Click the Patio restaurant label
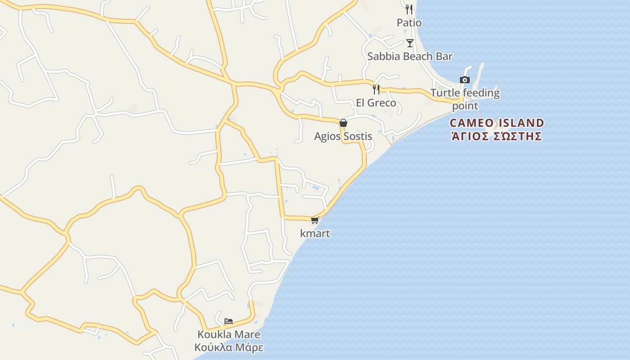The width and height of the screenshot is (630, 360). click(409, 22)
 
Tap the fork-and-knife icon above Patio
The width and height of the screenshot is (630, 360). click(409, 9)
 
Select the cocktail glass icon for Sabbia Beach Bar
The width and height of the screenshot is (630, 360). click(409, 43)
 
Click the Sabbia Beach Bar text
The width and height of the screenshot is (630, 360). click(409, 56)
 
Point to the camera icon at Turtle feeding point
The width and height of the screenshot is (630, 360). click(465, 80)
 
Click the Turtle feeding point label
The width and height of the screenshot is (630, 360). click(465, 99)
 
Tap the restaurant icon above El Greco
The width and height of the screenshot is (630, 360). click(376, 89)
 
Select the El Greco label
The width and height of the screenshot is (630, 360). click(376, 103)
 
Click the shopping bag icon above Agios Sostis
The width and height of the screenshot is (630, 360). click(343, 122)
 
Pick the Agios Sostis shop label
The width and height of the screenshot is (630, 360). click(343, 136)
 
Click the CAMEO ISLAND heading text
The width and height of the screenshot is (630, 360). click(497, 123)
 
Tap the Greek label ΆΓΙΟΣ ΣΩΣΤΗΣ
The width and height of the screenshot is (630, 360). click(497, 136)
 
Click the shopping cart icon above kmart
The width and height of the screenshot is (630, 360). click(315, 220)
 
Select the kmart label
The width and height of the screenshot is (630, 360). click(315, 234)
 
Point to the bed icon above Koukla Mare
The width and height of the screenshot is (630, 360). click(229, 321)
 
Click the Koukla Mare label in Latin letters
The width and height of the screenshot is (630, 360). click(229, 334)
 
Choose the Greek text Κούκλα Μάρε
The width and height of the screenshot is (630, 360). click(229, 347)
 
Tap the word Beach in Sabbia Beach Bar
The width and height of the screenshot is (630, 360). click(409, 56)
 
